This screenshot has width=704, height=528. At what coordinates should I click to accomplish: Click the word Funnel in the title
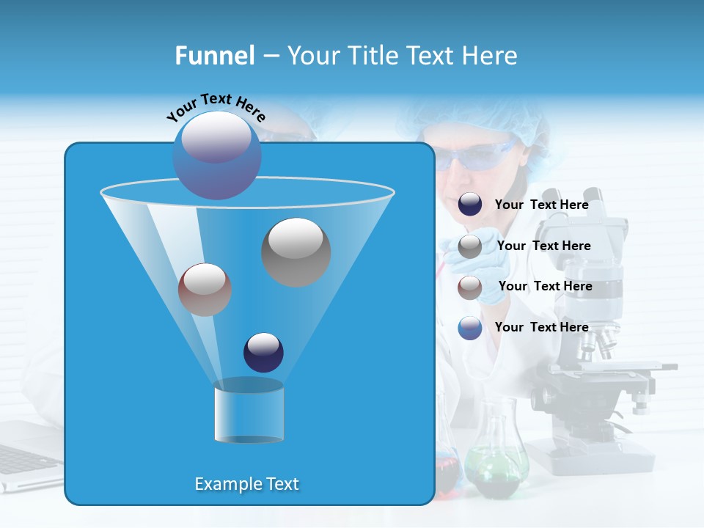[x=215, y=56]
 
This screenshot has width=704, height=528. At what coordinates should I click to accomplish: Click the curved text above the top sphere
[x=216, y=106]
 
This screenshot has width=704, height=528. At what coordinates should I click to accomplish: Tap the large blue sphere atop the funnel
[x=217, y=155]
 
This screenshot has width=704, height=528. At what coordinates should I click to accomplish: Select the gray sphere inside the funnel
[x=296, y=252]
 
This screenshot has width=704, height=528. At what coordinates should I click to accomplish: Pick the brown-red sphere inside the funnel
[x=205, y=290]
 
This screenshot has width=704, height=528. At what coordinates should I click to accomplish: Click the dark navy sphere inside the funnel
[x=263, y=352]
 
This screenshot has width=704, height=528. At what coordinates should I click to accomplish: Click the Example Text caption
[x=247, y=484]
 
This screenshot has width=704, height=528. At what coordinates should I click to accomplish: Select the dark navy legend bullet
[x=470, y=205]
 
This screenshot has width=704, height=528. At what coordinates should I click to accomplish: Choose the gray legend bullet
[x=470, y=246]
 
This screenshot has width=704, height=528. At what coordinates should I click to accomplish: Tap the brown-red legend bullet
[x=470, y=287]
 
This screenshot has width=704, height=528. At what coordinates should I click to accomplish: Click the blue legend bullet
[x=470, y=328]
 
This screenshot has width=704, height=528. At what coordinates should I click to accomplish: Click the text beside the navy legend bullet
[x=541, y=205]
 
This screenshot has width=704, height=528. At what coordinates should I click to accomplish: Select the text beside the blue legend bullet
[x=541, y=327]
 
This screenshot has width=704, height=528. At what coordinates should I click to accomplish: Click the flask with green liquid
[x=496, y=462]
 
